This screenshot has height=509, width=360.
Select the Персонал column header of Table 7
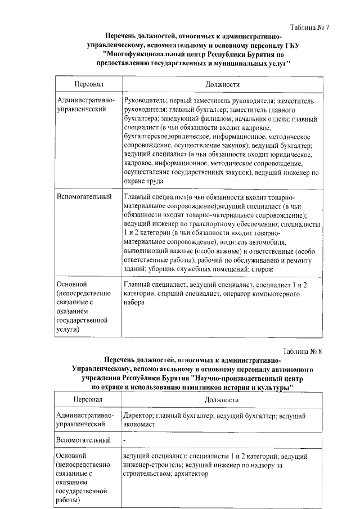tap(88, 84)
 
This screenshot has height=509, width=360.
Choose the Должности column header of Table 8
tap(222, 400)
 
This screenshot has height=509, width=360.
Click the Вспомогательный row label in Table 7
tap(82, 197)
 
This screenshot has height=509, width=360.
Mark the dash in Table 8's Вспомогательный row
tap(125, 439)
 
